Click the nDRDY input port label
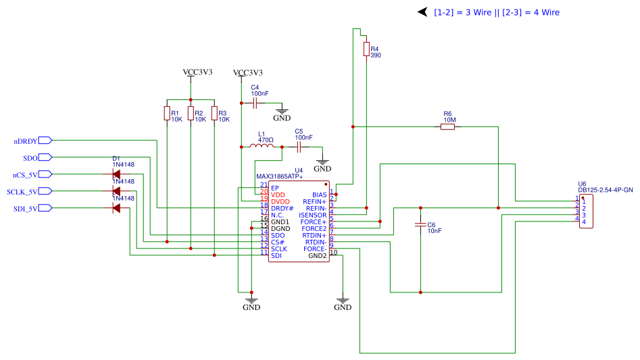click(26, 141)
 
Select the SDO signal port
click(30, 158)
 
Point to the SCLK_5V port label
click(22, 192)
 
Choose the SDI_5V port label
click(25, 209)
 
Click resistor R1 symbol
click(167, 113)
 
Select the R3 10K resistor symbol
click(214, 113)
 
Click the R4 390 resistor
click(366, 49)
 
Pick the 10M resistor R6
click(447, 126)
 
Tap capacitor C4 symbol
click(255, 103)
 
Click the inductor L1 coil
click(261, 146)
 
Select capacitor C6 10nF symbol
click(420, 224)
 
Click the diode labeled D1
click(116, 174)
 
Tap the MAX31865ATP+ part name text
click(279, 176)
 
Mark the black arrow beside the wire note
click(422, 12)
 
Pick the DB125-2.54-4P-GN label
click(606, 190)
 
